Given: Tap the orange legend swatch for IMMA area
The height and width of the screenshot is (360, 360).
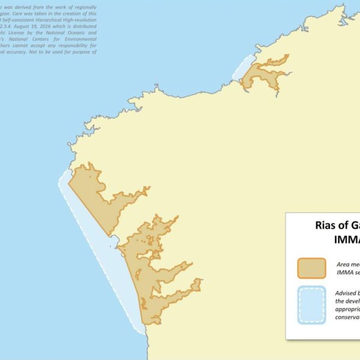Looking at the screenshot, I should point(311,268).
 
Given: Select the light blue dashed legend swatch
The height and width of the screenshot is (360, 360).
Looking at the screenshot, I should point(311,305).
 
